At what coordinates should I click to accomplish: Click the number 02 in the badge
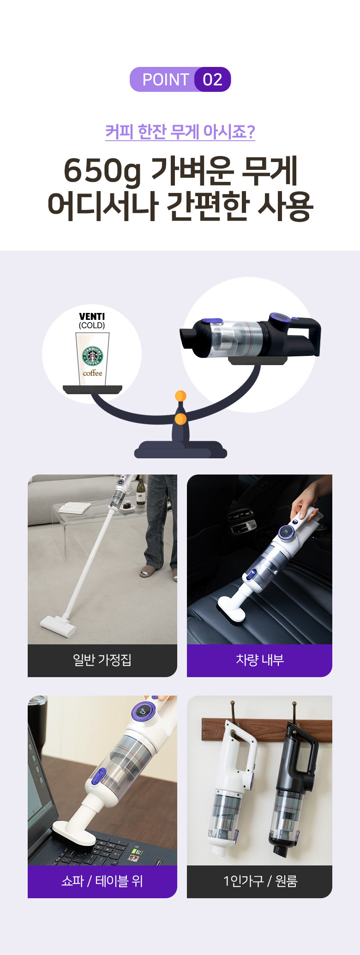point(212,79)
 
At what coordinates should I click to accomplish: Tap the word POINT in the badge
point(166,79)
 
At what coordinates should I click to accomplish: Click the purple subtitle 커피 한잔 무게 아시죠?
point(180,132)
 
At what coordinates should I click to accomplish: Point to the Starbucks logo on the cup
point(92,356)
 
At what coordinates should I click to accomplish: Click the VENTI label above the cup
point(92,316)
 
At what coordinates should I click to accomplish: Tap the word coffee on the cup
point(92,373)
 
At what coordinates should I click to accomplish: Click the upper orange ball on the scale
point(180,396)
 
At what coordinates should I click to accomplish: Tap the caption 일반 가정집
point(102,660)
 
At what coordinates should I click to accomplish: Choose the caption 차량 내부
point(259,660)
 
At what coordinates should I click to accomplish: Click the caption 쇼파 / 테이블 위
point(102,881)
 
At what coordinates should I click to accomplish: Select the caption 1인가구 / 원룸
point(260,881)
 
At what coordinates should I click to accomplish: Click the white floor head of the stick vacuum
point(58,626)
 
